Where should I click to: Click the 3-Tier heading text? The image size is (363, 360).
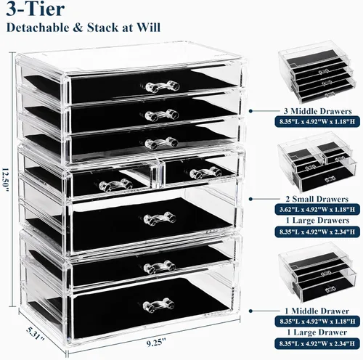[36, 9]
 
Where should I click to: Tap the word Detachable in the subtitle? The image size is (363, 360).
[38, 28]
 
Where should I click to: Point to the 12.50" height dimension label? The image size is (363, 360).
[5, 179]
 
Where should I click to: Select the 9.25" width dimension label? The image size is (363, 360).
[156, 343]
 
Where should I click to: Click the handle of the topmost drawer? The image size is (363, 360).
[163, 86]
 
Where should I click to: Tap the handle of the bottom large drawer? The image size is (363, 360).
[158, 305]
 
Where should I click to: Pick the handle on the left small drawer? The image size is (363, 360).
[116, 184]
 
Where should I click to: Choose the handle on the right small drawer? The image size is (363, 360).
[206, 172]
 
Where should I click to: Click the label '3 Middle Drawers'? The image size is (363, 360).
[317, 111]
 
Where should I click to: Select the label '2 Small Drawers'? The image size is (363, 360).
[317, 199]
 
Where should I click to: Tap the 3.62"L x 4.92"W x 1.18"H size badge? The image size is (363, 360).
[317, 209]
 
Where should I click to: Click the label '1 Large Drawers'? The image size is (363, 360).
[318, 221]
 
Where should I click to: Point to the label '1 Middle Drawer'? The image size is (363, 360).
[317, 311]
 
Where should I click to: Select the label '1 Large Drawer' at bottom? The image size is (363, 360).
[317, 332]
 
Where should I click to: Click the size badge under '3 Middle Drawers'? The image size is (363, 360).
[317, 121]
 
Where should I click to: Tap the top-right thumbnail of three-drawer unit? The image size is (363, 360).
[317, 72]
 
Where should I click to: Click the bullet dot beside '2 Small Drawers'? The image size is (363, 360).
[251, 199]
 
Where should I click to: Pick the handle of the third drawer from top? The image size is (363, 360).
[161, 143]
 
